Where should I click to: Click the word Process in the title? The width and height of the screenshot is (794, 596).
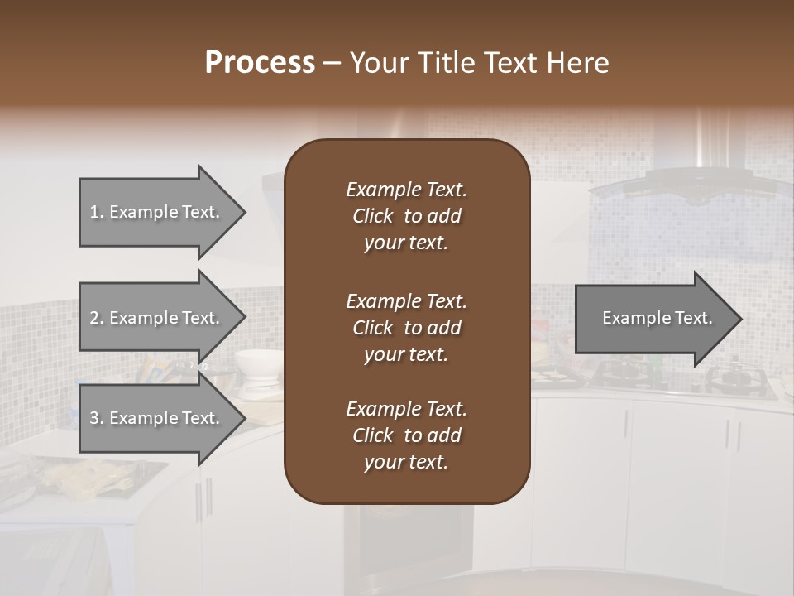(260, 63)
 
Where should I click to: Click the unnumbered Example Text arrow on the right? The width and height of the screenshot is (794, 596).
(658, 318)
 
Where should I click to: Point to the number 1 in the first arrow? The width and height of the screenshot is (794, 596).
(94, 212)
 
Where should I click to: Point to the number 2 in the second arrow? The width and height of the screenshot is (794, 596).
(94, 318)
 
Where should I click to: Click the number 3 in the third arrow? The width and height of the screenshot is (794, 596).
(94, 418)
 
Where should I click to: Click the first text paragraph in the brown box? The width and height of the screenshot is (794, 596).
(406, 216)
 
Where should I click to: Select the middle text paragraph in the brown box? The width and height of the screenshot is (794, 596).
(406, 328)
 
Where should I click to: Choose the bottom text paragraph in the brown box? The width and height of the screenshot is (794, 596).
(406, 435)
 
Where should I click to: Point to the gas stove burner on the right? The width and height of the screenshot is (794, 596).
(732, 377)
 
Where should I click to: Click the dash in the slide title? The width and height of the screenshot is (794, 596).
(332, 64)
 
